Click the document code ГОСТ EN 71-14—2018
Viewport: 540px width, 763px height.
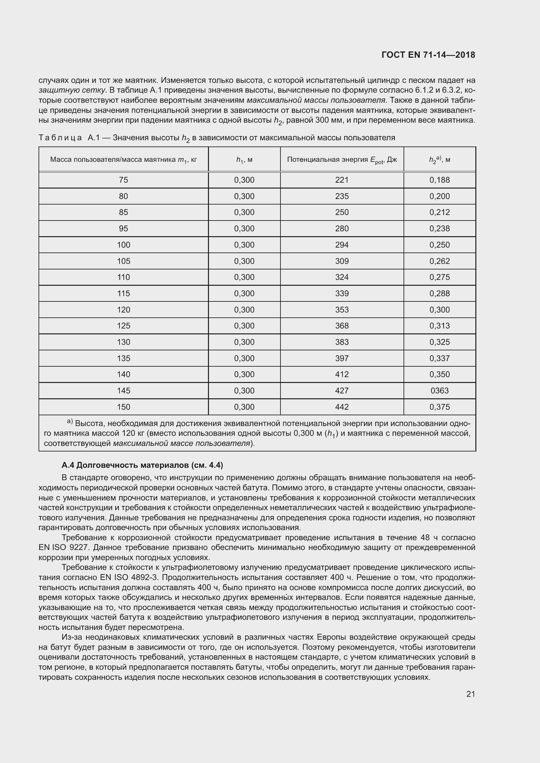[428, 55]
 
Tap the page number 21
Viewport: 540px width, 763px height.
[470, 694]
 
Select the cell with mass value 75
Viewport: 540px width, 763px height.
[123, 180]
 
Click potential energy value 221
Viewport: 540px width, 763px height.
[342, 180]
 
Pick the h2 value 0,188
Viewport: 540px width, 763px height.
[439, 180]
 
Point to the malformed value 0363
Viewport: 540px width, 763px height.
[439, 390]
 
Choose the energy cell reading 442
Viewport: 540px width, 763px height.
[342, 407]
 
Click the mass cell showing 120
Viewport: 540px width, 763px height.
[123, 310]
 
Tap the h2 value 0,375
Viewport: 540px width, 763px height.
[439, 407]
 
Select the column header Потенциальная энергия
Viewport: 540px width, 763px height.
[342, 160]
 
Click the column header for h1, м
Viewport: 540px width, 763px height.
[244, 160]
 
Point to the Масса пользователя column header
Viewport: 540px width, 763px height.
[123, 160]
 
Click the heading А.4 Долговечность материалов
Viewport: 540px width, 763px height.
[142, 465]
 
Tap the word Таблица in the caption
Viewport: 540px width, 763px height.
[60, 138]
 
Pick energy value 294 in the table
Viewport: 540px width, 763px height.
[342, 245]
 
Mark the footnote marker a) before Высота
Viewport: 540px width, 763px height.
[70, 421]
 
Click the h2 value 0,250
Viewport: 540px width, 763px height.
[439, 245]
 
